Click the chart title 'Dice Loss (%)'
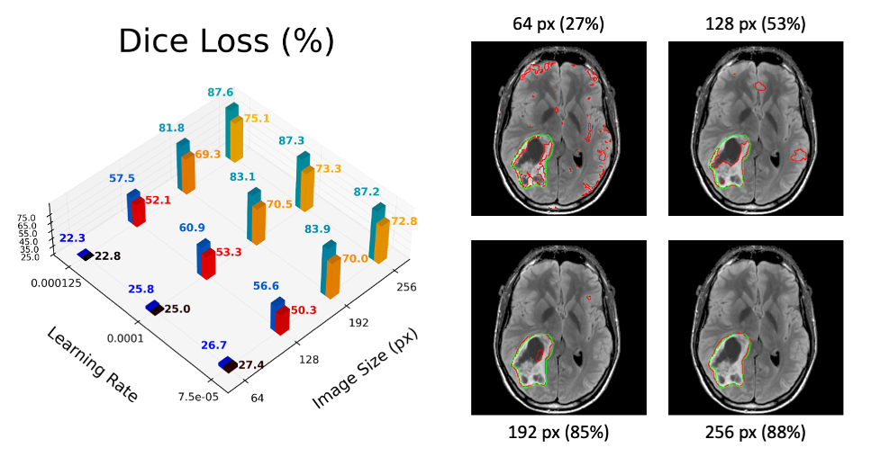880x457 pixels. point(227,41)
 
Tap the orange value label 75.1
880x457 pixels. point(257,118)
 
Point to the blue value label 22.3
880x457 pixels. point(72,237)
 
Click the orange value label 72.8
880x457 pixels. point(404,221)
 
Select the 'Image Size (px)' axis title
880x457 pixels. point(364,363)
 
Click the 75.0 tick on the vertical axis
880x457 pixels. point(26,218)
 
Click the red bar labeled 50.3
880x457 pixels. point(283,319)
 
